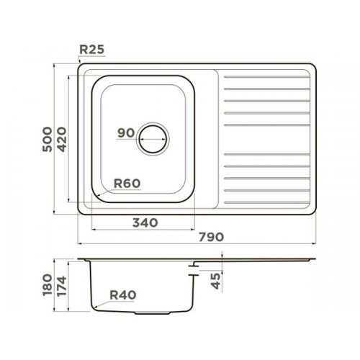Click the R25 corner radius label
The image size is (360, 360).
point(91,50)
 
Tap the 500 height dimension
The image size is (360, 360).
point(48,140)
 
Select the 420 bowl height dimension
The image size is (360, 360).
point(62,140)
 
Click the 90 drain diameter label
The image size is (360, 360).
point(126,133)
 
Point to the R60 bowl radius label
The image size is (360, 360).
point(127,184)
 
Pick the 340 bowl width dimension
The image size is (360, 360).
point(145,222)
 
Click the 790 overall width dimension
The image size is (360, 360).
point(211,237)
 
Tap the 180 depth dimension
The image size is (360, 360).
point(48,285)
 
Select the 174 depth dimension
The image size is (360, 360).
point(62,286)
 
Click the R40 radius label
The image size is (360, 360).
point(123,295)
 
